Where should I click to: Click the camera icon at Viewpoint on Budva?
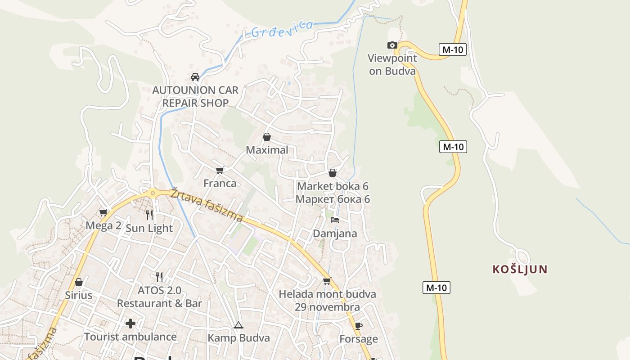pos(392,45)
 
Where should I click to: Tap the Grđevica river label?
pos(282,28)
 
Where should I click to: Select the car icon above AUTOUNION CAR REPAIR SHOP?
pos(195,77)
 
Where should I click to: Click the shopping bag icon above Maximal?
pos(267,137)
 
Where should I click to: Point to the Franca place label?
pos(220,183)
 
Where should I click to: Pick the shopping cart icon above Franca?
pos(220,170)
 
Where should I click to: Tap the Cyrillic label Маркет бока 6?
pos(333,199)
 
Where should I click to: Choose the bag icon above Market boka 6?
pos(333,173)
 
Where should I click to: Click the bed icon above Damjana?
pos(335,220)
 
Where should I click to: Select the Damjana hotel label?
pos(335,234)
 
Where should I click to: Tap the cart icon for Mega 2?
pos(103,212)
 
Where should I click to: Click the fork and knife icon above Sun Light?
pos(149,215)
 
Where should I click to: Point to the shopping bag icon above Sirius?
pos(79,282)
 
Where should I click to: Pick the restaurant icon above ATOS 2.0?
pos(159,277)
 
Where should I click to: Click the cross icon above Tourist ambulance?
pos(130,324)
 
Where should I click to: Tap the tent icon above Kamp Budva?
pos(238,325)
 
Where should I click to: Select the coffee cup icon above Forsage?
pos(358,326)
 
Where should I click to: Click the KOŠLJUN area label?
pos(520,270)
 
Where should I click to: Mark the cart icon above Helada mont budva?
pos(327,281)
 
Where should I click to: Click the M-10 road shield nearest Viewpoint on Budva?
pos(452,49)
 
